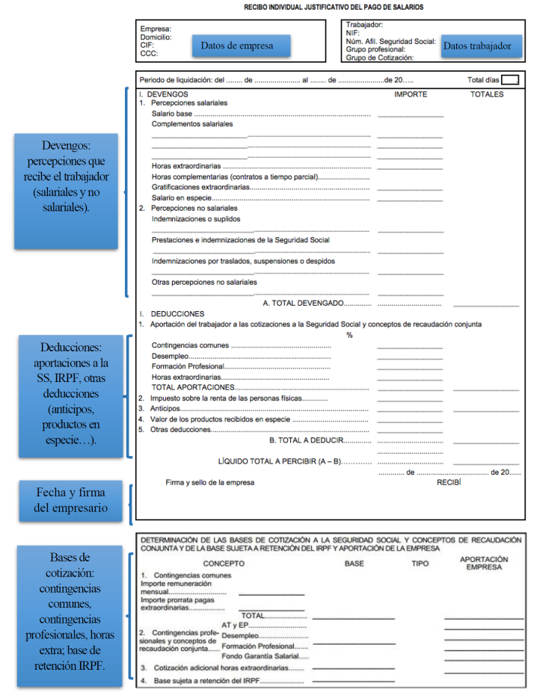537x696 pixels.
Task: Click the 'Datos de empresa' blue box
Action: pyautogui.click(x=237, y=46)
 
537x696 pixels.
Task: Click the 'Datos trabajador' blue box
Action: pyautogui.click(x=477, y=46)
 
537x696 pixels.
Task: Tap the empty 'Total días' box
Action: pyautogui.click(x=510, y=80)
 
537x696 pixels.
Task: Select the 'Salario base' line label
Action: pyautogui.click(x=172, y=114)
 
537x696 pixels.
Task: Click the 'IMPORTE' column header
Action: pyautogui.click(x=411, y=95)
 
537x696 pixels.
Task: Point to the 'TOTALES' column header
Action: pyautogui.click(x=487, y=95)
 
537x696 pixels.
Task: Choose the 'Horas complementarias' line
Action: pyautogui.click(x=234, y=176)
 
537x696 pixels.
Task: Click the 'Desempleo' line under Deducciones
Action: pyautogui.click(x=171, y=356)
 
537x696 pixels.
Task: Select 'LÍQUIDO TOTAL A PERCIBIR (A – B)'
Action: pyautogui.click(x=279, y=461)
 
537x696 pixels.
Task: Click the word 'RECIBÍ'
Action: pyautogui.click(x=449, y=483)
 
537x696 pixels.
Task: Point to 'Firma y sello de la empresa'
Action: pyautogui.click(x=209, y=483)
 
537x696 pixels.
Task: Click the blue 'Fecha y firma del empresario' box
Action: pyautogui.click(x=70, y=500)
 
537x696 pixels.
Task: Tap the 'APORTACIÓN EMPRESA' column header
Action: pyautogui.click(x=483, y=563)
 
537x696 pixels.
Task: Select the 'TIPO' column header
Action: pyautogui.click(x=420, y=563)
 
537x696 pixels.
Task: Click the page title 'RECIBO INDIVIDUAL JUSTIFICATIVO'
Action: pyautogui.click(x=333, y=7)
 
